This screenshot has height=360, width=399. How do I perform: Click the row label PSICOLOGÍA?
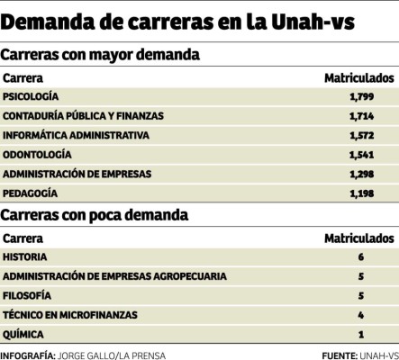[x=32, y=95]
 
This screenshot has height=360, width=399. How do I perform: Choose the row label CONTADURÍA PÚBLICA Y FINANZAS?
[x=86, y=115]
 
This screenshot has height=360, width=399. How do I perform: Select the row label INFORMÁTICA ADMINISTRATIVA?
[x=76, y=135]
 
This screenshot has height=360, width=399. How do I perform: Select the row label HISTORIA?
[x=26, y=256]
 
